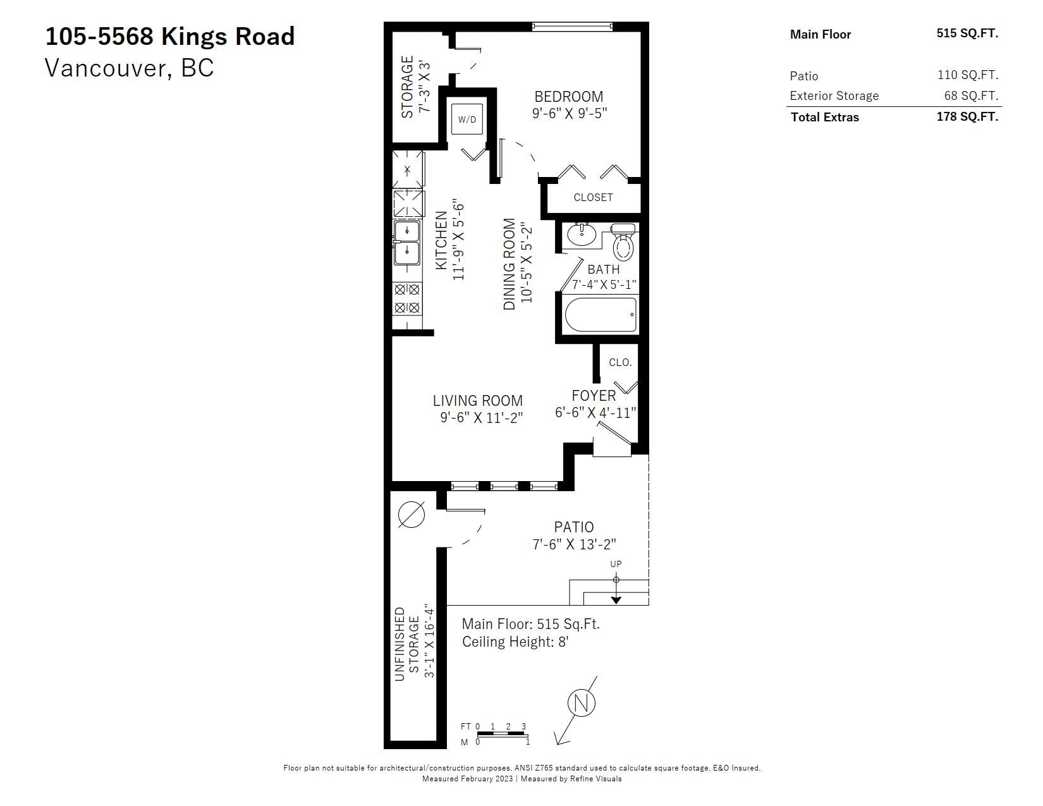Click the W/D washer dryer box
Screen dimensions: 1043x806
[467, 119]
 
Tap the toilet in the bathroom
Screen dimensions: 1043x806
[623, 242]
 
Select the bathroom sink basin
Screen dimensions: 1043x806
[582, 235]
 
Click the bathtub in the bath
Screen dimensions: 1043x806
[601, 314]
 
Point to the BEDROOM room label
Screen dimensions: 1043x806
[569, 97]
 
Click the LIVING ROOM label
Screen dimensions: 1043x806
[478, 400]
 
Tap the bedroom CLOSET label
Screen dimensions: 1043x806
[594, 197]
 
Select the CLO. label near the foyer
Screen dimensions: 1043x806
[620, 362]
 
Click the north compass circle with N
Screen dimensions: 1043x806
[582, 703]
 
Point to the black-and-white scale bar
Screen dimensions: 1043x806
[502, 734]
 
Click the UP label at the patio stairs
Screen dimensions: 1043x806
[616, 564]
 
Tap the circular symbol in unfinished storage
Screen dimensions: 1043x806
[412, 515]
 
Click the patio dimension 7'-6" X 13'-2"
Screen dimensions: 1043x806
[574, 544]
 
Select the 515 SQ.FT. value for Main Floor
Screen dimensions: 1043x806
[967, 33]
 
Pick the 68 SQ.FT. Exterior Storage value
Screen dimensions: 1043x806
[971, 95]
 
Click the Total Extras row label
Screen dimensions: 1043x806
[825, 117]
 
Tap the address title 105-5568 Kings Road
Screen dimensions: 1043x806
[170, 37]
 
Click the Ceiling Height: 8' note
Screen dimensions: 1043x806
[515, 642]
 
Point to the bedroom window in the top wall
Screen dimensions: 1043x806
[572, 27]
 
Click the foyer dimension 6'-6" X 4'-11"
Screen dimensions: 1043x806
[595, 412]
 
